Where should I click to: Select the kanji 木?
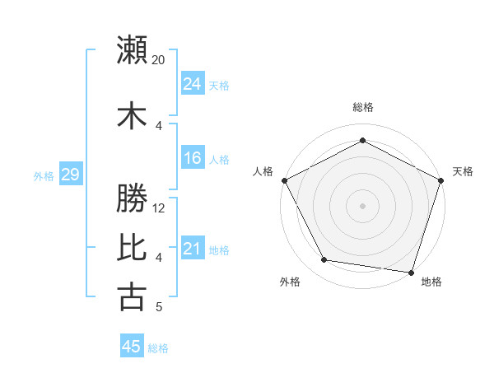[132, 115]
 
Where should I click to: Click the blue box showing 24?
[193, 84]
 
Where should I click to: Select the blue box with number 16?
[193, 159]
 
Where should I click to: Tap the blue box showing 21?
[193, 249]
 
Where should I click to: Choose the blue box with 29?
[70, 175]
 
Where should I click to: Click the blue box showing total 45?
[132, 347]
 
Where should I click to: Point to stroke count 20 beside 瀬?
[159, 60]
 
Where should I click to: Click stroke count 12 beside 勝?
[159, 208]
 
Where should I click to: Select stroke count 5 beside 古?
[159, 307]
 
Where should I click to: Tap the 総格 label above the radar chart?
[362, 107]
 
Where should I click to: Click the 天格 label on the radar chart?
[463, 171]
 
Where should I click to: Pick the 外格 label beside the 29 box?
[44, 175]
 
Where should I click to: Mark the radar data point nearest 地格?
[412, 272]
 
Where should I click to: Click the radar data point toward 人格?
[284, 180]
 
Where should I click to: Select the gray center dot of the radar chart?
[362, 205]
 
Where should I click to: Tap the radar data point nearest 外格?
[324, 260]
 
